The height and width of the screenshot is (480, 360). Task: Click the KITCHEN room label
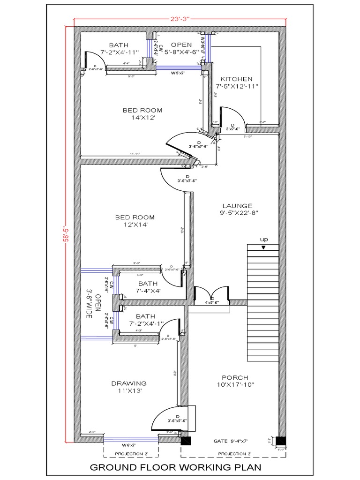[237, 79]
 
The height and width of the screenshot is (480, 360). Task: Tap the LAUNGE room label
[237, 206]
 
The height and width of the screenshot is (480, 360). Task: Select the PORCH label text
[235, 378]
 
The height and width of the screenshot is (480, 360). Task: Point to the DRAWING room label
[129, 383]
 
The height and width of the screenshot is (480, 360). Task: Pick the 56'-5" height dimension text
[67, 232]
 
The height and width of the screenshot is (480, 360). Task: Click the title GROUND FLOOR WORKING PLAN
[175, 467]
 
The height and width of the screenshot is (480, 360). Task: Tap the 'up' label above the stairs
[263, 240]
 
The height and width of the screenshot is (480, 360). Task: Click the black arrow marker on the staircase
[263, 247]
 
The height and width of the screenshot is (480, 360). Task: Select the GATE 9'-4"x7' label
[230, 441]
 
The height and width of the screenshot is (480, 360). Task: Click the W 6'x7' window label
[129, 444]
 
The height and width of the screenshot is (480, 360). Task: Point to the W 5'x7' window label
[178, 73]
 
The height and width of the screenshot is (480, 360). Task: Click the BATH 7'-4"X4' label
[148, 287]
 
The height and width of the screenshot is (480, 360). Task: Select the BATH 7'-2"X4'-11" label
[119, 48]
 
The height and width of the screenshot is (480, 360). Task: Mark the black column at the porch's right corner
[280, 442]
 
